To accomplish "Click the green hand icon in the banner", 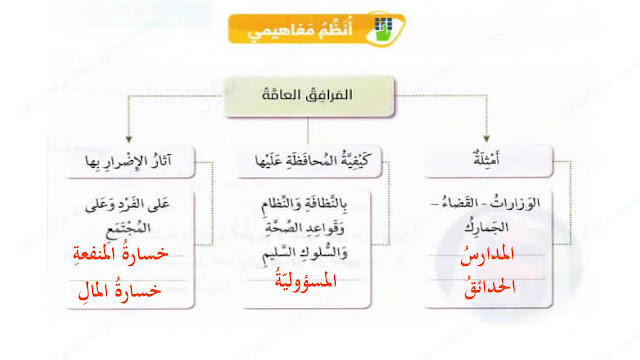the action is click(x=384, y=29).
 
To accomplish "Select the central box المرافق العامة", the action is click(x=309, y=97).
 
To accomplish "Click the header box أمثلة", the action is click(x=488, y=161).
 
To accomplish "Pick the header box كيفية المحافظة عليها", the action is click(x=309, y=161).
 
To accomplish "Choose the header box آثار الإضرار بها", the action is click(x=130, y=161).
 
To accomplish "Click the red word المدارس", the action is click(x=487, y=255).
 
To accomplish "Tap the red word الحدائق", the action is click(x=489, y=288).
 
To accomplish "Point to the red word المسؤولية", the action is click(x=305, y=280).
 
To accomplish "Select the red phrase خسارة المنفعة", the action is click(x=120, y=253).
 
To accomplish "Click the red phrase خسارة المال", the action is click(x=119, y=290).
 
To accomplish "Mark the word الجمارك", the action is click(x=487, y=227).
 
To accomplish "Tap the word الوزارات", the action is click(x=515, y=203).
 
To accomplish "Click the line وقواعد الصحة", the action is click(x=304, y=227).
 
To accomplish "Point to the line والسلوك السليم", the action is click(x=304, y=253).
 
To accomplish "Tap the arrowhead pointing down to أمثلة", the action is click(x=486, y=139).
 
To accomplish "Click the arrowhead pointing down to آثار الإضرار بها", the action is click(x=129, y=139).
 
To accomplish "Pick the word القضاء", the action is click(x=460, y=203).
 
